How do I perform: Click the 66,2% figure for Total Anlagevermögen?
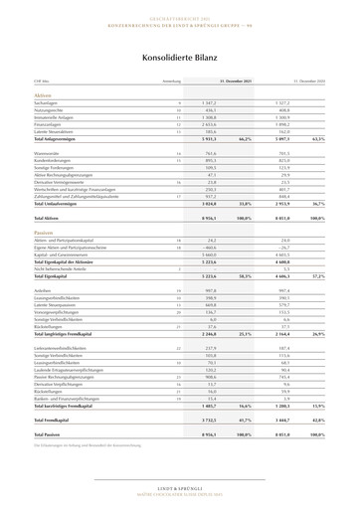point(242,139)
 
